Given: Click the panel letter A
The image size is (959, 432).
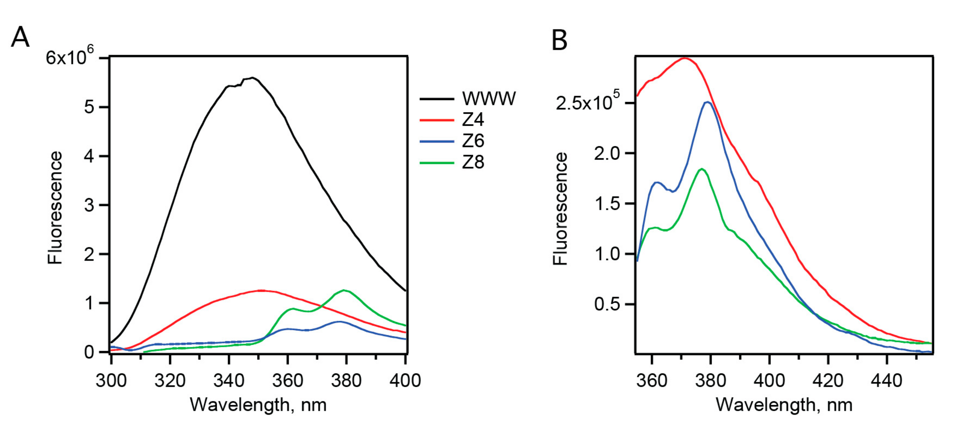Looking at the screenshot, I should pos(20,38).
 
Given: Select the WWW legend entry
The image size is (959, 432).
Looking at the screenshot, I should pos(489,98).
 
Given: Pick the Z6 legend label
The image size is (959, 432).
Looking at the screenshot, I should pos(473,141).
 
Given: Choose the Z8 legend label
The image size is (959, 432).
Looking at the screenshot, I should pos(473,162).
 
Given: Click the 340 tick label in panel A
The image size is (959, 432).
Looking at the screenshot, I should pos(229,381).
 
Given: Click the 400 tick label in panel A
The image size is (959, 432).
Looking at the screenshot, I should pos(405,381).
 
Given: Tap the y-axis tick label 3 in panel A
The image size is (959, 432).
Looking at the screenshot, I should pos(89,205).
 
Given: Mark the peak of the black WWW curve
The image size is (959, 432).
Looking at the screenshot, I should pos(252,78).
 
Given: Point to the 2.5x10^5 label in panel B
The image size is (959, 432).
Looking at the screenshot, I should pos(587,103).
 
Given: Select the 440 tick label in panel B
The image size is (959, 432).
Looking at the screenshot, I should pos(887,381).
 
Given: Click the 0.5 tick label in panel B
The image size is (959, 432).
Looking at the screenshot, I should pos(606,304).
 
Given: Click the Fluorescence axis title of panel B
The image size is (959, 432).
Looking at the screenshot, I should pos(560,209).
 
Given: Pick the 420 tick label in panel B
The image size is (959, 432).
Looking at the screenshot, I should pos(828,381).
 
